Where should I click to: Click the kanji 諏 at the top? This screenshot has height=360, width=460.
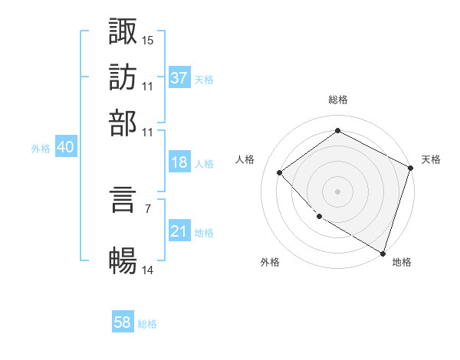123,31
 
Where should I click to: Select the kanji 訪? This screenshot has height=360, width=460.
123,77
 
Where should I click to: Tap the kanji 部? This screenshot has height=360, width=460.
123,123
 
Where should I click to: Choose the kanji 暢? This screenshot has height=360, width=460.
123,261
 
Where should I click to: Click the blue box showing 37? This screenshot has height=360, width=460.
179,78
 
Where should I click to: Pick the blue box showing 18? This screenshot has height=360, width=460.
179,162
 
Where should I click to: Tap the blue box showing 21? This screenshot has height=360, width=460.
179,231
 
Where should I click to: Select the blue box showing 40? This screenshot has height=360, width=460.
65,147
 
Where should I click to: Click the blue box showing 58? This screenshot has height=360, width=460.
123,322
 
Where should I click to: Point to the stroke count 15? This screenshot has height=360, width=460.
148,39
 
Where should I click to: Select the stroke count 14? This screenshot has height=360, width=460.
148,270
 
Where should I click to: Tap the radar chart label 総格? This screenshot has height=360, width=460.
338,100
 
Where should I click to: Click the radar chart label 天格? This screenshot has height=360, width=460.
431,159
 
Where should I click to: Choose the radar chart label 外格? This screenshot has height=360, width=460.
270,262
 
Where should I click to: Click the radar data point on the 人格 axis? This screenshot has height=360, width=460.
281,172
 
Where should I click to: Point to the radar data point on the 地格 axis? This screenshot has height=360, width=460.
383,252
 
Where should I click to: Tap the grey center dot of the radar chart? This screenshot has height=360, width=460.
338,191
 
